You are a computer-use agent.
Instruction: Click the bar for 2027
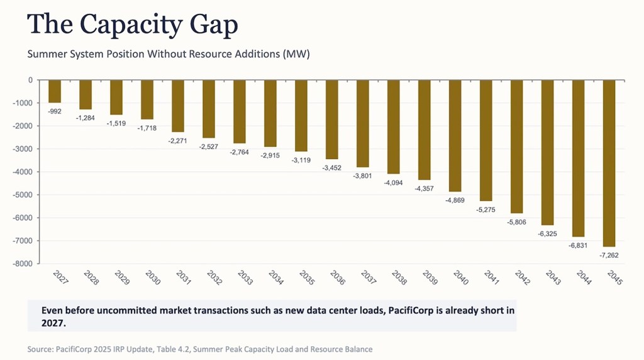point(55,91)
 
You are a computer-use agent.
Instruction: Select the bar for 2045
point(609,163)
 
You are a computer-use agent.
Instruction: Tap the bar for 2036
point(332,120)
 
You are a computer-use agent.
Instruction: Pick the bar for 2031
point(178,106)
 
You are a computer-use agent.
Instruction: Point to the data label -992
point(55,111)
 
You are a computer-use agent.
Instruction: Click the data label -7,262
point(609,255)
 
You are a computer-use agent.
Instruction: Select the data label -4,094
point(394,183)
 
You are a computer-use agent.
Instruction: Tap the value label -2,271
point(178,140)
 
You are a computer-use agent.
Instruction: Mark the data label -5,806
point(517,222)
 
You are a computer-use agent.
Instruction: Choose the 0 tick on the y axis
point(30,80)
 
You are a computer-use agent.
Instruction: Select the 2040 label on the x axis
point(461,278)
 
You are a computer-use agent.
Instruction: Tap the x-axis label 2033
point(245,278)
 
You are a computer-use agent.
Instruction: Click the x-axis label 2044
point(584,278)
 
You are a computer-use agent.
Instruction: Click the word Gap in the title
point(214,25)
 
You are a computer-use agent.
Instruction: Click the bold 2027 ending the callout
point(53,323)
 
